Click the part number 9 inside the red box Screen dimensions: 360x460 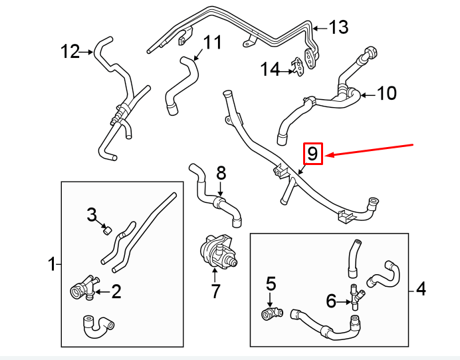(x=312, y=154)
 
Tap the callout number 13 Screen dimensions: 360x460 (x=338, y=27)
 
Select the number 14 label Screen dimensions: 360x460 (x=271, y=69)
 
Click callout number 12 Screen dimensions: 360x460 (x=70, y=51)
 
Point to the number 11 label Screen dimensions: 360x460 (x=211, y=43)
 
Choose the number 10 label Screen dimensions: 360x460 (x=386, y=93)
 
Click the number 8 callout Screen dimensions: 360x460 (x=221, y=174)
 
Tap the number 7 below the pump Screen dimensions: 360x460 (x=215, y=291)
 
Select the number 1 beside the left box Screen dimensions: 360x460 (x=53, y=265)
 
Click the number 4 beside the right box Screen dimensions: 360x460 (x=420, y=289)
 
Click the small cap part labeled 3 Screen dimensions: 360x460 (x=105, y=231)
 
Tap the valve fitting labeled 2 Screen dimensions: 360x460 (x=81, y=289)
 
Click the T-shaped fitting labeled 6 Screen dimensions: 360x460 (x=355, y=297)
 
